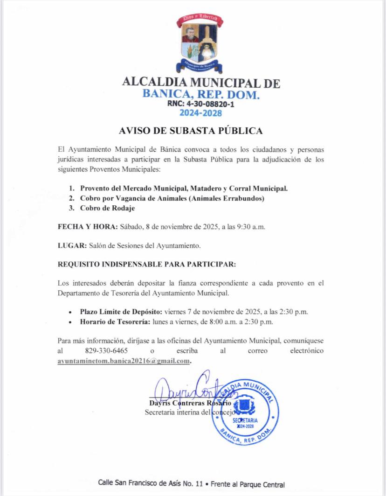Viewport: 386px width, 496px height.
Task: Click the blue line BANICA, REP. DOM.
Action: [200, 95]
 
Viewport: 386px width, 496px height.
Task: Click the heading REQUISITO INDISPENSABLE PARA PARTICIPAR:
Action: [147, 264]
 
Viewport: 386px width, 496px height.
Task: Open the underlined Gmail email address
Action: [124, 361]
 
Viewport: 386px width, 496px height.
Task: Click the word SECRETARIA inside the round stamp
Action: [245, 420]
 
